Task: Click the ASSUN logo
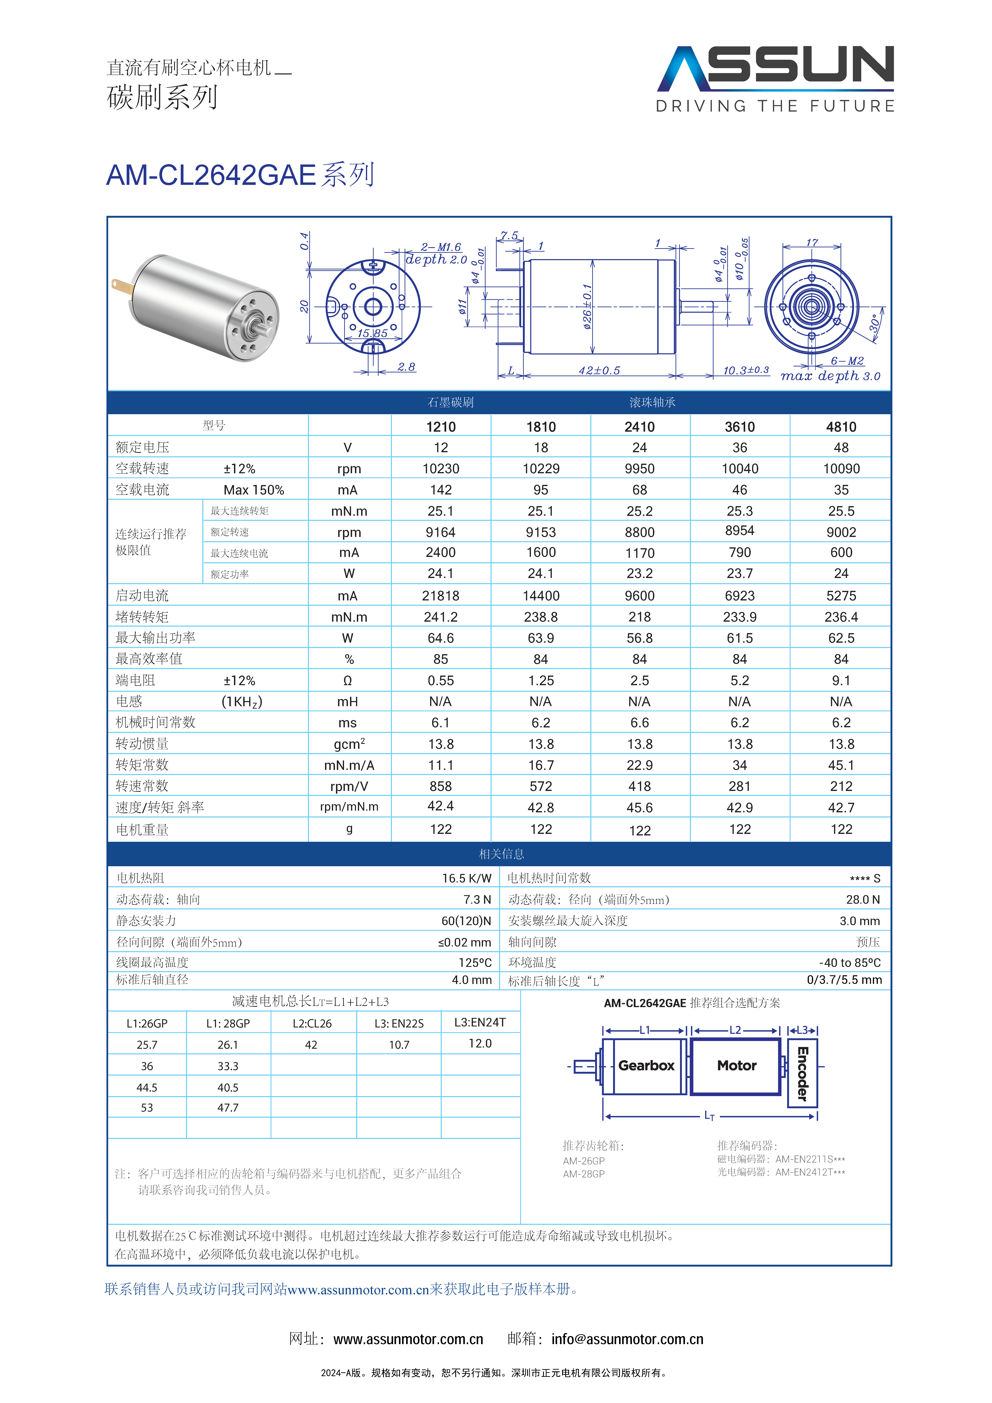[775, 78]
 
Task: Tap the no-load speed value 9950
[639, 469]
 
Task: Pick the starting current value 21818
[441, 596]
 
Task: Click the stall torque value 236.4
[841, 617]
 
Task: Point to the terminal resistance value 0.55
[441, 681]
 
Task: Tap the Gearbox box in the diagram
[645, 1066]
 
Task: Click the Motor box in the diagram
[736, 1066]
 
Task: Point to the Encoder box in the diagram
[803, 1074]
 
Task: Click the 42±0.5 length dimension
[599, 370]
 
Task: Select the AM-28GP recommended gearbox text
[584, 1174]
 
